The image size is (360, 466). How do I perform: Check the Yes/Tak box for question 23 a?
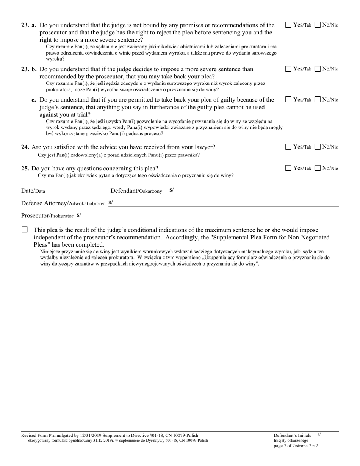click(288, 25)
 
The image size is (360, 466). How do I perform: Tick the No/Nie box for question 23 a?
click(318, 25)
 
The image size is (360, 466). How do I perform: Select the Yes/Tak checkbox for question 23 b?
click(288, 69)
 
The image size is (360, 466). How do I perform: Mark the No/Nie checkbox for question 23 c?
click(318, 100)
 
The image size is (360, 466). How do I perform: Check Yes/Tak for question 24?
click(288, 147)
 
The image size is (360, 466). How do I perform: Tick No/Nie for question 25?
click(318, 168)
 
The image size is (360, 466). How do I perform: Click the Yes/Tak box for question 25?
click(288, 168)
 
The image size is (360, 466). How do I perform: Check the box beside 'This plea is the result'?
click(25, 230)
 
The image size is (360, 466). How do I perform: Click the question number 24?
click(25, 147)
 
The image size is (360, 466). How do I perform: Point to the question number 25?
click(25, 168)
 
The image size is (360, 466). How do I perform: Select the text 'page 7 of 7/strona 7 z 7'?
click(296, 446)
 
